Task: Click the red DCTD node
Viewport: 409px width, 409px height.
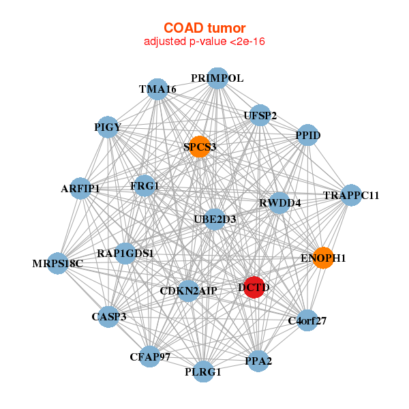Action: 254,287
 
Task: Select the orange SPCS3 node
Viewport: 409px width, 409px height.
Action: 199,147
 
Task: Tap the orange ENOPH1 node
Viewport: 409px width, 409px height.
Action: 323,258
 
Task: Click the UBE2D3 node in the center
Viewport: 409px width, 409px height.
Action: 215,219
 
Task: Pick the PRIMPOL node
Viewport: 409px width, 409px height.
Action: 217,78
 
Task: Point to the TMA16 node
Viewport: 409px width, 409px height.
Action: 157,89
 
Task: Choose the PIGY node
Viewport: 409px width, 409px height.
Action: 108,127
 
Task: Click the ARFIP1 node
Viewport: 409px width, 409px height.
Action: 80,188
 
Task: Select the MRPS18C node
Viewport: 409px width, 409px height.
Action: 58,263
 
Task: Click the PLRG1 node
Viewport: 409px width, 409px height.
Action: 203,372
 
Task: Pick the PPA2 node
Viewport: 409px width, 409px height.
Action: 258,361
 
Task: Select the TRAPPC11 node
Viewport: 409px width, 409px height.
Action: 350,196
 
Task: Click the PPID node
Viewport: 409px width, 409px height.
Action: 307,135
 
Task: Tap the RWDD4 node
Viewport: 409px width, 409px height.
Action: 279,202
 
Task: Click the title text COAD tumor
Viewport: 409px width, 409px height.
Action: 204,28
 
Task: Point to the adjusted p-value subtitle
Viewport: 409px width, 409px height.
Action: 204,42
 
